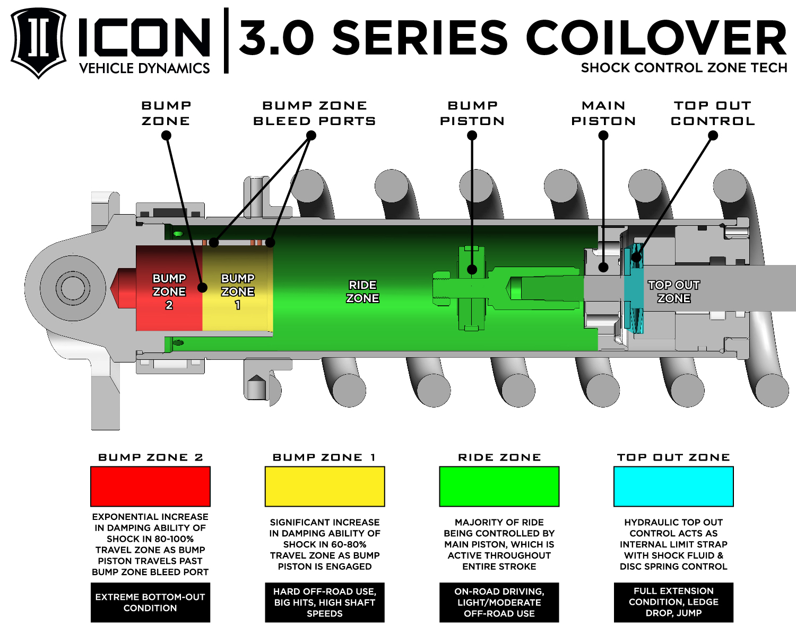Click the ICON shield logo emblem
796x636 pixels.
[x=38, y=42]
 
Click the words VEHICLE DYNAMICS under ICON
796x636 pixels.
[x=144, y=68]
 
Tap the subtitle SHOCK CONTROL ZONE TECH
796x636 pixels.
[x=683, y=68]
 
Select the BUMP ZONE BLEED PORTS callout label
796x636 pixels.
[x=314, y=113]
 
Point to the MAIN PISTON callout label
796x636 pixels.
[x=603, y=113]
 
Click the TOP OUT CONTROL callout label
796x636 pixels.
[x=713, y=113]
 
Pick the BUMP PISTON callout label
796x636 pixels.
[x=472, y=113]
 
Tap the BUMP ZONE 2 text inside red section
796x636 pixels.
[x=169, y=291]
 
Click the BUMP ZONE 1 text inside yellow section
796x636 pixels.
[x=237, y=291]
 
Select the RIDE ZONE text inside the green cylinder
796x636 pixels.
[x=362, y=291]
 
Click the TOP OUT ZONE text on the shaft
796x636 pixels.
[x=673, y=291]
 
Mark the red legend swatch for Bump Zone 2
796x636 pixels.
[x=150, y=487]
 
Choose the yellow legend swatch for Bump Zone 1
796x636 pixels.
[x=325, y=487]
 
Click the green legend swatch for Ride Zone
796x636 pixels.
[x=499, y=487]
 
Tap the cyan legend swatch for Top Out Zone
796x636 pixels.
[x=673, y=487]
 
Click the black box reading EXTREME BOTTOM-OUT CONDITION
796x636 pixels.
[x=150, y=603]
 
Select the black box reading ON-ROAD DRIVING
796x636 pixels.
[x=499, y=603]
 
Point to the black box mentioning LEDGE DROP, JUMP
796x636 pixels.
[x=673, y=603]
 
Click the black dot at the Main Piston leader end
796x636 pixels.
[x=603, y=268]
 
